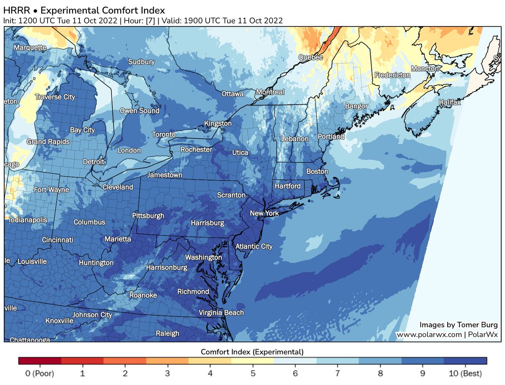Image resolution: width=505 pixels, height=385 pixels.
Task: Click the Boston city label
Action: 317,172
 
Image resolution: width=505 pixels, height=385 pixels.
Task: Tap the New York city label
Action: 264,213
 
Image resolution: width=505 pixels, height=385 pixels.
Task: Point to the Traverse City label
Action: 55,97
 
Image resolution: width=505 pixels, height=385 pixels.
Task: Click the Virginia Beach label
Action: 221,312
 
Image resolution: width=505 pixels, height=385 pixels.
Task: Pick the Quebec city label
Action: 311,57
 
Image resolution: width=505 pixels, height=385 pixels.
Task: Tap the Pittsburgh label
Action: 148,215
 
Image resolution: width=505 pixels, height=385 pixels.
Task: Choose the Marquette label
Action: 30,48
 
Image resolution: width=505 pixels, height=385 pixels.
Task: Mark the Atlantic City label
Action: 254,246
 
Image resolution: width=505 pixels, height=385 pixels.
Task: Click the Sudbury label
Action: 141,62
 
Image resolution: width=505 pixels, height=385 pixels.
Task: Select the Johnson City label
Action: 92,315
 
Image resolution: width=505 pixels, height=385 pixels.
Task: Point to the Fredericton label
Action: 392,75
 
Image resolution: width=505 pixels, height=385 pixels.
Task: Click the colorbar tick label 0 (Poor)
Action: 40,374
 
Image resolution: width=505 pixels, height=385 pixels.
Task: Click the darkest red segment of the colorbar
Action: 40,361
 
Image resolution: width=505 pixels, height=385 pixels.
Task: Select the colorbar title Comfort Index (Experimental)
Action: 252,351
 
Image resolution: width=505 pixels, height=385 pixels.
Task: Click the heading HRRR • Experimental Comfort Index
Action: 84,10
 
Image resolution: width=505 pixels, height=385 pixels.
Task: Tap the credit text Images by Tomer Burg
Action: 458,325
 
